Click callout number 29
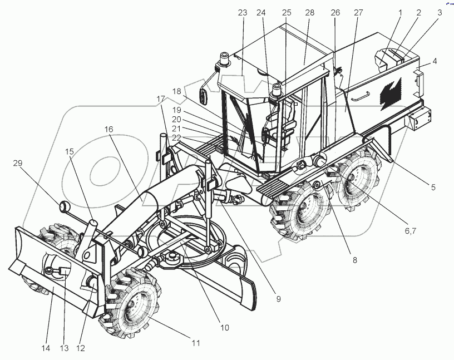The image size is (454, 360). click(18, 164)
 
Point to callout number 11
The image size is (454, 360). click(195, 343)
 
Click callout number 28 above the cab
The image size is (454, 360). click(309, 13)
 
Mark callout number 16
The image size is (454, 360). click(108, 129)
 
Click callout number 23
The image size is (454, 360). click(241, 13)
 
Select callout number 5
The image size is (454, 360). click(432, 188)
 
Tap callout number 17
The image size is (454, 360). click(161, 98)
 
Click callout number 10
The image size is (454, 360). click(224, 328)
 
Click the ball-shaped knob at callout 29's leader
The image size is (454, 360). click(66, 207)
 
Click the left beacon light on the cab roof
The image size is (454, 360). click(225, 58)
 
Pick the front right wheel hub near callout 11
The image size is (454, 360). click(135, 308)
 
